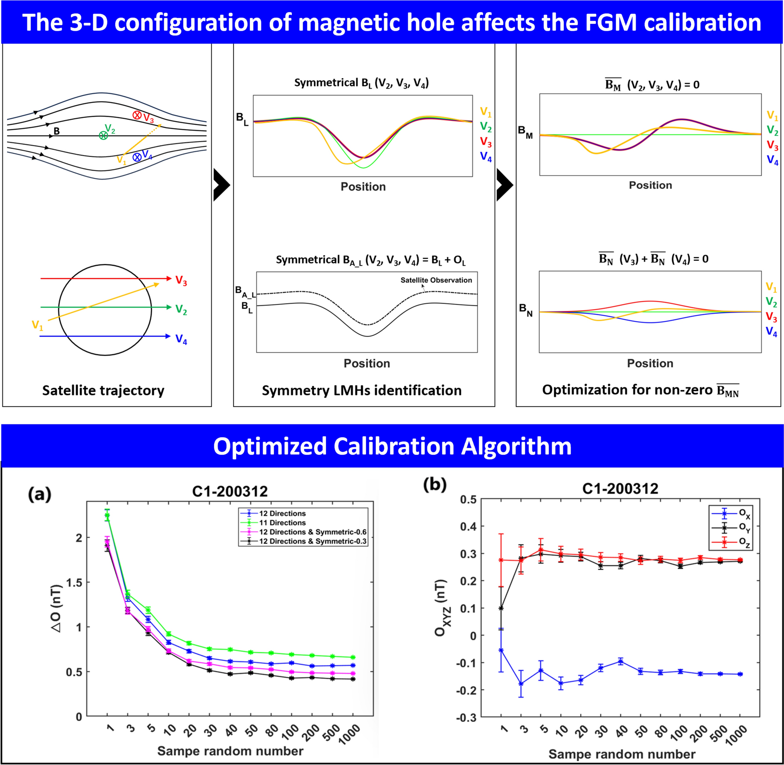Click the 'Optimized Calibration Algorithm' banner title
coord(392,446)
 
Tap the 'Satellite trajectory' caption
coord(103,390)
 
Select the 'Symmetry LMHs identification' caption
coord(361,390)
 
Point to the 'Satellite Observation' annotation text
coord(436,280)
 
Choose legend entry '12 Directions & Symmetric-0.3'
coord(312,541)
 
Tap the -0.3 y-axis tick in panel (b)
coord(466,717)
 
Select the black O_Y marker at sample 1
coord(501,608)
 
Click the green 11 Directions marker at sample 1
coord(107,515)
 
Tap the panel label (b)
coord(435,484)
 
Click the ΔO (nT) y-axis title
coord(57,608)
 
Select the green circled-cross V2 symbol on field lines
coord(103,136)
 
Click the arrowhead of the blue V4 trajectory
coord(168,336)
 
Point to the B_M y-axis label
coord(525,132)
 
